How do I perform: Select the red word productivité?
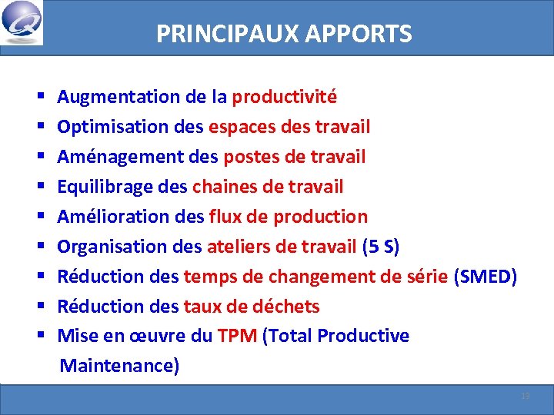point(285,97)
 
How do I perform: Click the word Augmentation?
point(118,97)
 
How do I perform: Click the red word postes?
point(248,157)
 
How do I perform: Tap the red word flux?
point(224,217)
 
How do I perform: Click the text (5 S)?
point(380,247)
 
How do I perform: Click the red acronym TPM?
point(237,336)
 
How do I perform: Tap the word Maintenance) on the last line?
point(119,365)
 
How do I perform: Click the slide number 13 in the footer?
point(526,396)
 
